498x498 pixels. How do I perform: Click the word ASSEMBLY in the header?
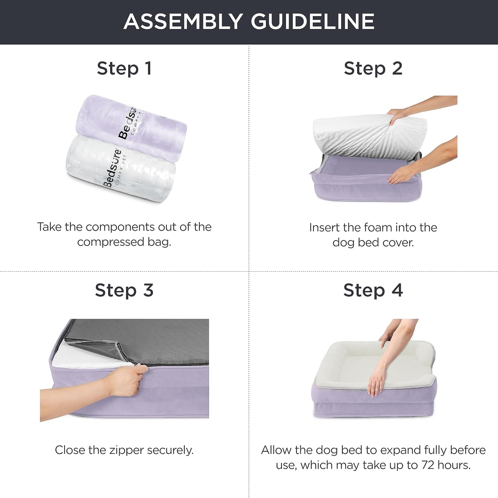(x=183, y=21)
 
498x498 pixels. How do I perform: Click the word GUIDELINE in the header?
(x=313, y=21)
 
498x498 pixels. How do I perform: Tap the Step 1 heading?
(x=124, y=68)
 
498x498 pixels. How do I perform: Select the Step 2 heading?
(x=373, y=68)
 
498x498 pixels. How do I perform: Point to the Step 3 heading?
(x=124, y=290)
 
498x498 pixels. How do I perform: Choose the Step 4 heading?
(x=373, y=290)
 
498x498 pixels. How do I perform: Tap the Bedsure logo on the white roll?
(x=112, y=169)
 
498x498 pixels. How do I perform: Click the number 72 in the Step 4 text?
(x=427, y=465)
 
